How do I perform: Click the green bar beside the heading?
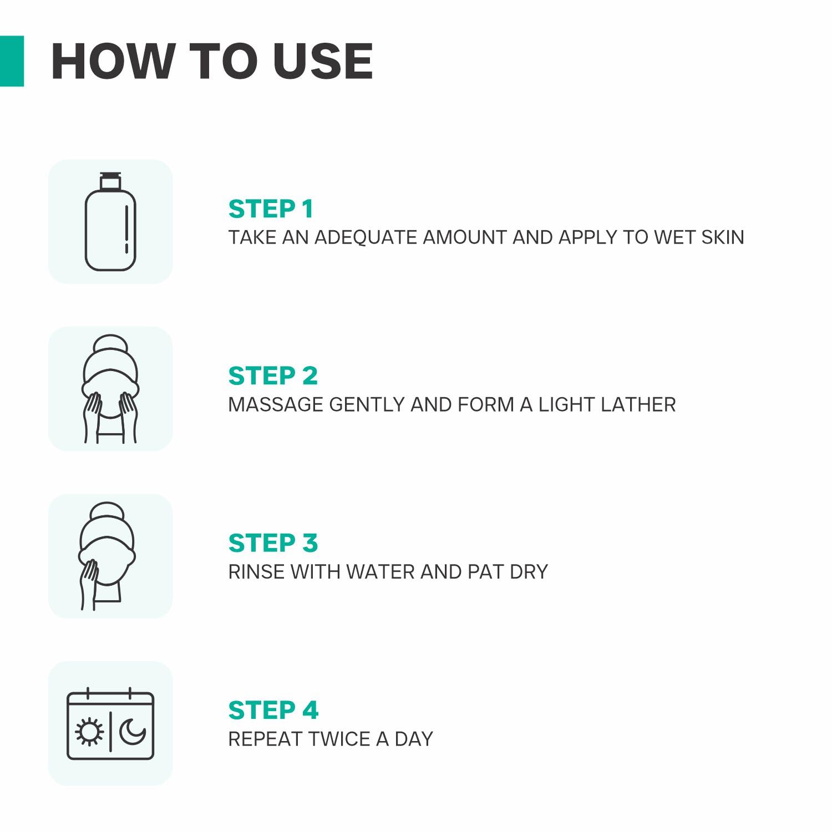click(x=12, y=61)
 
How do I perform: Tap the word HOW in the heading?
click(x=112, y=61)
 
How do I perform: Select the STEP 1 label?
click(x=271, y=209)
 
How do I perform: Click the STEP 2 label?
click(x=273, y=376)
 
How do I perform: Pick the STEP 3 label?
click(x=273, y=543)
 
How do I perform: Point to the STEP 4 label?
click(x=273, y=711)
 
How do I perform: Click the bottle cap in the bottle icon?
click(x=110, y=181)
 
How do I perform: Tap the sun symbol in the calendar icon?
click(x=89, y=732)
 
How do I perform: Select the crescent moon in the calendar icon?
click(x=132, y=732)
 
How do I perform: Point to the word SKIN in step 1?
click(x=723, y=237)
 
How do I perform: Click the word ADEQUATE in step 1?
click(x=366, y=237)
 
